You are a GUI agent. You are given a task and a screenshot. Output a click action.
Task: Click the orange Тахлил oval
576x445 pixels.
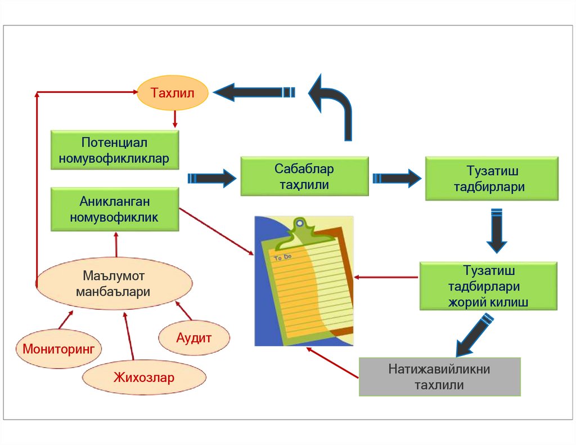tap(173, 93)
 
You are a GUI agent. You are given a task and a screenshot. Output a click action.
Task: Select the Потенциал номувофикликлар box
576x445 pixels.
tap(115, 150)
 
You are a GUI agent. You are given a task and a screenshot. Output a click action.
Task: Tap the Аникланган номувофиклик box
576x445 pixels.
tap(115, 209)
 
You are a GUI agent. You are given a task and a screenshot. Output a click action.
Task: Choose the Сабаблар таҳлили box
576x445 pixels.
tap(304, 176)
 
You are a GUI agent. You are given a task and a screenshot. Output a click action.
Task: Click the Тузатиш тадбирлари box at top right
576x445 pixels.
tap(492, 179)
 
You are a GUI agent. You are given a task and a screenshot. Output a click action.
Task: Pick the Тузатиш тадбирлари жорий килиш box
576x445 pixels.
tap(488, 286)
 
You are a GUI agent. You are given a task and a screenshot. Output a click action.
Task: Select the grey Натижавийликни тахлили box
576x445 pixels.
tap(439, 377)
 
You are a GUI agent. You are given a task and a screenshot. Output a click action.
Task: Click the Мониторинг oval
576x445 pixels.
tap(58, 348)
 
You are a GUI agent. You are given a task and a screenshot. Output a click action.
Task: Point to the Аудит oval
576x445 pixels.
tap(193, 338)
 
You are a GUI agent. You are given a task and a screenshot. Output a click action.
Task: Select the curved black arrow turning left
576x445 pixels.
tap(333, 104)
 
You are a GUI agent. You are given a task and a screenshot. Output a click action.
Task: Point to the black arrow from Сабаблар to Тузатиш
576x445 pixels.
tap(397, 179)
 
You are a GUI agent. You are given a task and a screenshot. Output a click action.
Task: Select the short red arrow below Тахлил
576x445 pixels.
tap(175, 118)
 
